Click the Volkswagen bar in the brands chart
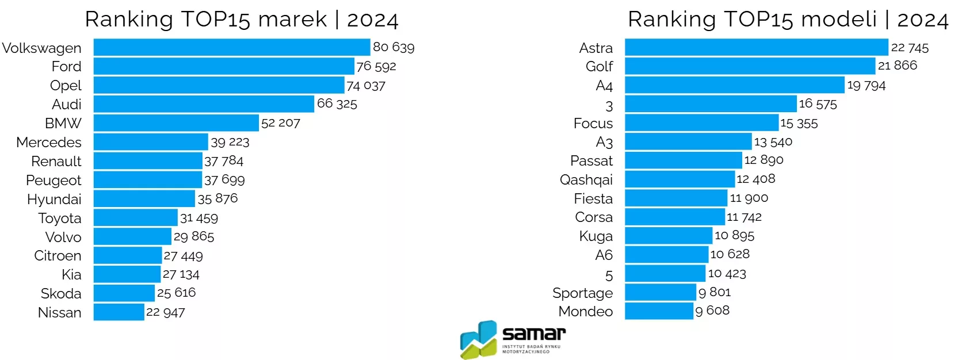[231, 47]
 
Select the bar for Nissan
[119, 312]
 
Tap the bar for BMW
[176, 123]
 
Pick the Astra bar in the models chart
[756, 47]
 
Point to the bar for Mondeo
[659, 311]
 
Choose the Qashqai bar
[679, 179]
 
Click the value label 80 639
[394, 47]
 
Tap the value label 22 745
[910, 48]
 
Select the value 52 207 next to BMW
[281, 123]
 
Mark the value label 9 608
[712, 311]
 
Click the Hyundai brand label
[54, 199]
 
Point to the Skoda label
[61, 293]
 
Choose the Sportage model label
[582, 293]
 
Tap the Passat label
[591, 160]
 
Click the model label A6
[604, 255]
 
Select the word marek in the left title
[292, 20]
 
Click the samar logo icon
[478, 339]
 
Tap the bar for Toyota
[135, 217]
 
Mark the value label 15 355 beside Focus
[799, 123]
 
